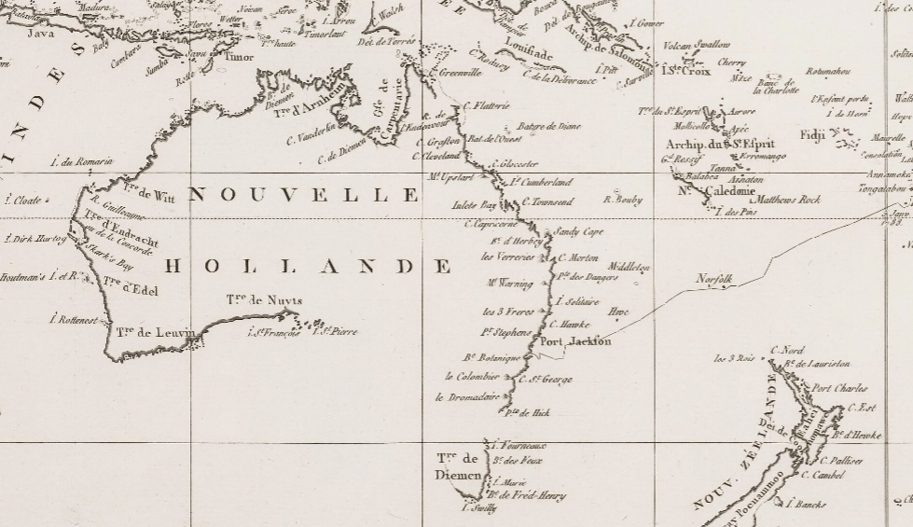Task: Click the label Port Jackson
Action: tap(576, 341)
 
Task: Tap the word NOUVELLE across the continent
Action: tap(304, 194)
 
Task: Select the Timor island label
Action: tap(239, 57)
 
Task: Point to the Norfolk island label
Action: tap(714, 279)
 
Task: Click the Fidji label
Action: tap(812, 135)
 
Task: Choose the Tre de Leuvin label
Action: tap(156, 332)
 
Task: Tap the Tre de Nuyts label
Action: tap(264, 300)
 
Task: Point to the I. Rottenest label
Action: tap(73, 319)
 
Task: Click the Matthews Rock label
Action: tap(788, 200)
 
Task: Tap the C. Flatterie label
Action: tap(486, 106)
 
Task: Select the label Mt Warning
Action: tap(509, 283)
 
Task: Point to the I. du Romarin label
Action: tap(80, 162)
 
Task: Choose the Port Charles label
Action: tap(838, 388)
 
